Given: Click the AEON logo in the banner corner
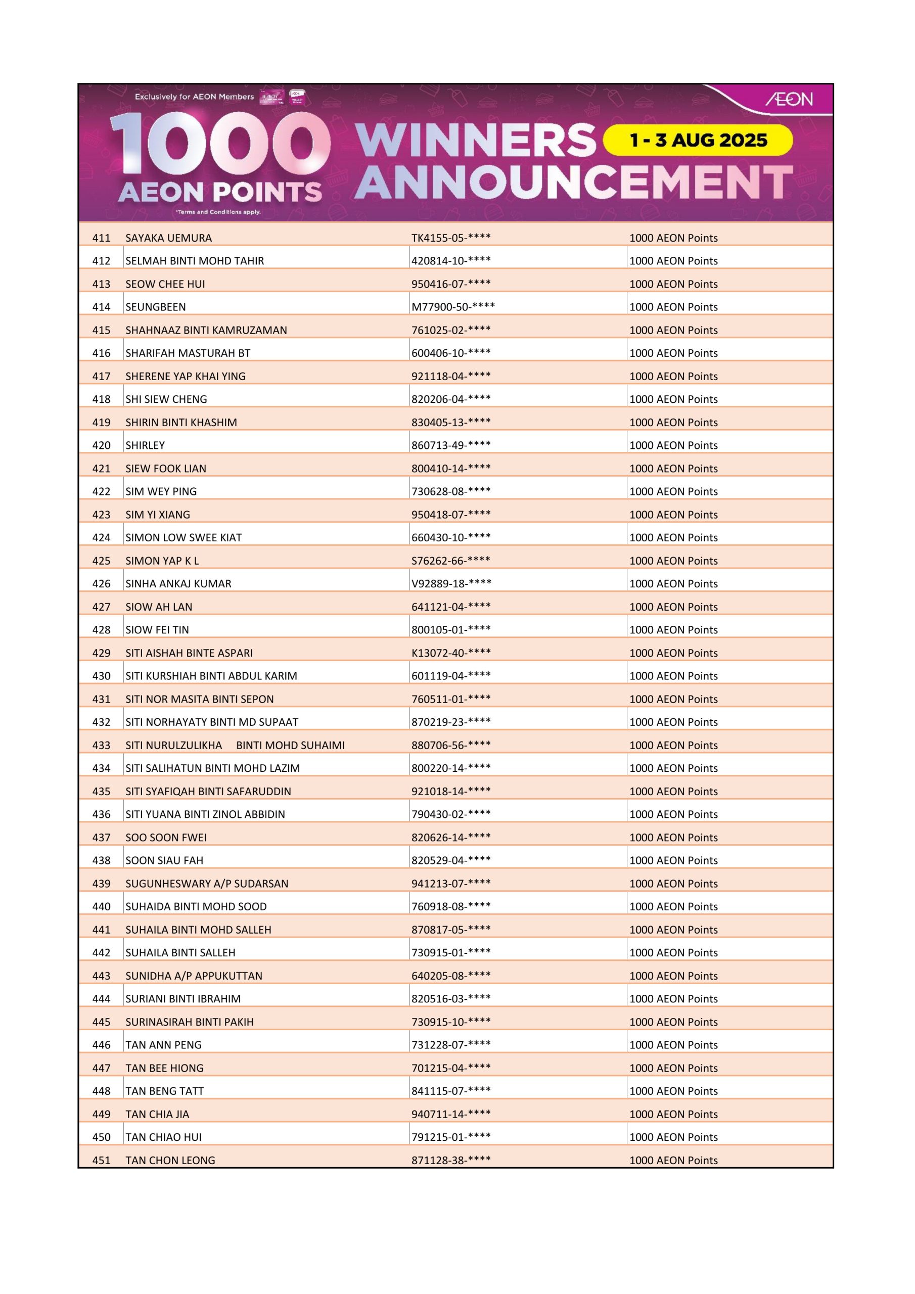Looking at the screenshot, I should click(x=789, y=99).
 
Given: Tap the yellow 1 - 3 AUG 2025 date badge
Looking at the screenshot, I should click(x=698, y=141).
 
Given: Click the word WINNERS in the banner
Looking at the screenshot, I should click(x=476, y=141).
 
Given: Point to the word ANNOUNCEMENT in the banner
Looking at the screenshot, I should click(x=573, y=182).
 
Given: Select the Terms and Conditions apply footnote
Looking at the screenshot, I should click(x=218, y=212).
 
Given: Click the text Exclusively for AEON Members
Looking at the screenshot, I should click(x=195, y=97).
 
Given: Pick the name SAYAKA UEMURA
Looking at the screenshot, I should click(x=168, y=238).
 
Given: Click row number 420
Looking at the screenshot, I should click(x=102, y=445).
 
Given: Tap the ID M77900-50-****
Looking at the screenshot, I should click(x=453, y=307).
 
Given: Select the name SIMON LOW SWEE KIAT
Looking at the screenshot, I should click(x=184, y=538).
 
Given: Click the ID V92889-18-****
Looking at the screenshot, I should click(x=451, y=583).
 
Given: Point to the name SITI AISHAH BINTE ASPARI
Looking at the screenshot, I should click(x=189, y=653).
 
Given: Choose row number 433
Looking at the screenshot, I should click(x=102, y=745).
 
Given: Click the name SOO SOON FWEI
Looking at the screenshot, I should click(x=166, y=838).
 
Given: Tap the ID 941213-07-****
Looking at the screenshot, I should click(x=451, y=883).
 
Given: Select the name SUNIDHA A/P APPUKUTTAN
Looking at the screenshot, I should click(x=194, y=976).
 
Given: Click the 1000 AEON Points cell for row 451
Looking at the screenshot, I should click(x=673, y=1160).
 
